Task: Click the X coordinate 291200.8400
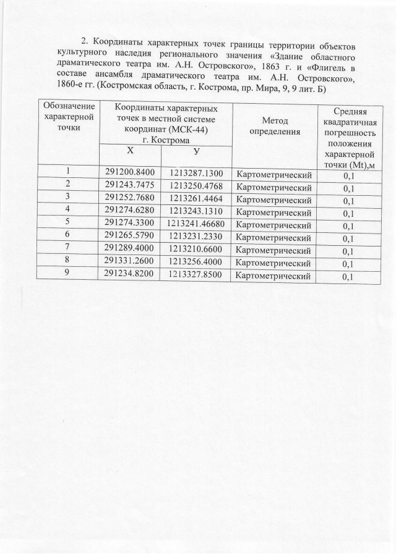pyautogui.click(x=128, y=172)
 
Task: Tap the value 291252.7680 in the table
pyautogui.click(x=129, y=198)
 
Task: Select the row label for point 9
pyautogui.click(x=66, y=272)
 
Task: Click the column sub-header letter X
pyautogui.click(x=129, y=151)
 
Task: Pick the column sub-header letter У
pyautogui.click(x=196, y=153)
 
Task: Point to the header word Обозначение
pyautogui.click(x=67, y=106)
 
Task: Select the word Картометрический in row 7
pyautogui.click(x=273, y=251)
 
